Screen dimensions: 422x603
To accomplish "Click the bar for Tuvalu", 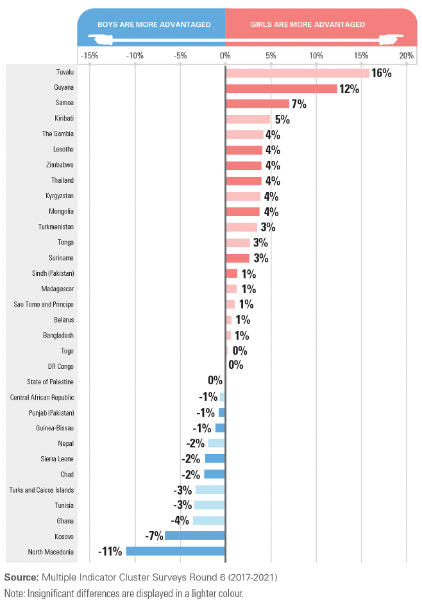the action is click(298, 73).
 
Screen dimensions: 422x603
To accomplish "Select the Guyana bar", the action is click(282, 89).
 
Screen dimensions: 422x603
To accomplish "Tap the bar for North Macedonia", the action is click(176, 551).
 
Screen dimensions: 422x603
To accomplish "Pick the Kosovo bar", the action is click(195, 536).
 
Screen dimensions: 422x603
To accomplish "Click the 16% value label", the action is click(381, 73).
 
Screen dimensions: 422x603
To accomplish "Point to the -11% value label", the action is click(110, 552).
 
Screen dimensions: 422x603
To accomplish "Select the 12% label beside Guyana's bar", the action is click(349, 89).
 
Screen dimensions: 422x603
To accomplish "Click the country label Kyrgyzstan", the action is click(60, 196).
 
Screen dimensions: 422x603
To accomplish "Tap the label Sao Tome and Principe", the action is click(44, 304).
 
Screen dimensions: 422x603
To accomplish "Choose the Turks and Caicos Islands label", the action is click(42, 490).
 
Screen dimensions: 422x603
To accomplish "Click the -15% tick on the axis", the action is click(90, 56).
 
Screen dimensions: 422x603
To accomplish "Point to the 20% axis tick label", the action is click(406, 56).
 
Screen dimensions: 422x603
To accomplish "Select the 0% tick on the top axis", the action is click(225, 56).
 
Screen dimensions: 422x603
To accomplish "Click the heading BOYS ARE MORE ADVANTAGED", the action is click(154, 24).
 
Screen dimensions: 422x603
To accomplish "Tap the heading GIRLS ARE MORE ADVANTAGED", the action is click(308, 24).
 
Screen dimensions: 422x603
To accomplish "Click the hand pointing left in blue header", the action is click(100, 39).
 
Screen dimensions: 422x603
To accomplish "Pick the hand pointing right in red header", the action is click(391, 39).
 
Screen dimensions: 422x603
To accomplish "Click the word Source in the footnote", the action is click(22, 577).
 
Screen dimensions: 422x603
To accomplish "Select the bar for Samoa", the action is click(258, 104).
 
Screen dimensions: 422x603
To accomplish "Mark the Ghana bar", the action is click(208, 520).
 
